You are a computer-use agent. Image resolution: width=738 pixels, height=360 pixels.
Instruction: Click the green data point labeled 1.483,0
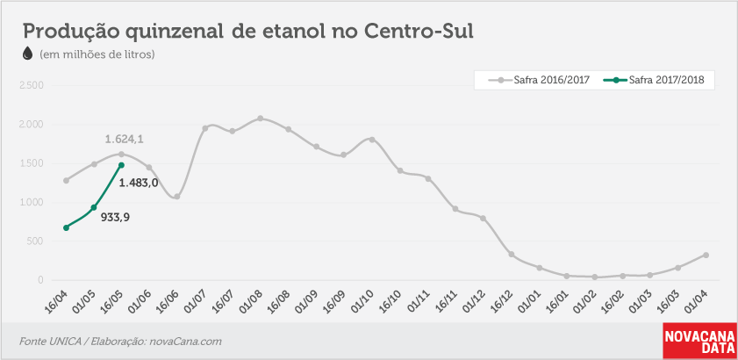(x=121, y=165)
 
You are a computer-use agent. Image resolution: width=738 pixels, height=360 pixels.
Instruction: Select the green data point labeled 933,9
(x=94, y=207)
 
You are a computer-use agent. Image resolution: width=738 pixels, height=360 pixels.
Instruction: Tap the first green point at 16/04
(x=66, y=227)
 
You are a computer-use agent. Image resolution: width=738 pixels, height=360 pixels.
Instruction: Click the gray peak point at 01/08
(x=261, y=119)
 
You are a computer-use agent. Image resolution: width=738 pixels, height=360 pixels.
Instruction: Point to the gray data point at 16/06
(x=177, y=197)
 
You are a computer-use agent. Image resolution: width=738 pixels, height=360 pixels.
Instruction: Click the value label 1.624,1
(x=124, y=139)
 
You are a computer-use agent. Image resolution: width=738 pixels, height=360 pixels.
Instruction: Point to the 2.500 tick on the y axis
(x=31, y=86)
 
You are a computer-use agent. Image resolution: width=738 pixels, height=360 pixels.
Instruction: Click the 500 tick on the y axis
(x=35, y=241)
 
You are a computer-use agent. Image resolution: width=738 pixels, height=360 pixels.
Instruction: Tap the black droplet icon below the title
(x=28, y=54)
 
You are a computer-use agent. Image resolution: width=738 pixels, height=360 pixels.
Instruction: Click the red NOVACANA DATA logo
(x=699, y=342)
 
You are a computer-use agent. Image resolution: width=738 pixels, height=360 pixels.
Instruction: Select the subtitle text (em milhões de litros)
(x=97, y=54)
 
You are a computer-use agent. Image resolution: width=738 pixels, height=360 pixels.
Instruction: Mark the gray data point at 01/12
(x=483, y=218)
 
